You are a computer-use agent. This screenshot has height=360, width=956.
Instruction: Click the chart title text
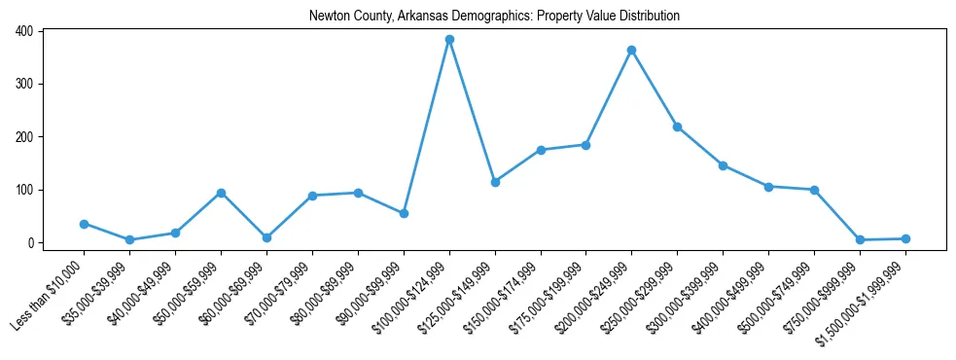point(494,17)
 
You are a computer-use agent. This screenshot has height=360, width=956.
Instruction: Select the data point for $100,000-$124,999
point(449,40)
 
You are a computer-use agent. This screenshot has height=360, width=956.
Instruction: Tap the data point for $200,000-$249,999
point(632,50)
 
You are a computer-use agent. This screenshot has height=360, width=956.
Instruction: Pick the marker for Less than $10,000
point(84,224)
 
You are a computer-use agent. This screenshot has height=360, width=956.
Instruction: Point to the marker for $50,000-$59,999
point(221,193)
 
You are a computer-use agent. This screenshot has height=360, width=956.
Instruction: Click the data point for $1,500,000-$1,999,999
point(905,238)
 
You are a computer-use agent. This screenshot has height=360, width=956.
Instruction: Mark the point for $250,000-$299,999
point(677,126)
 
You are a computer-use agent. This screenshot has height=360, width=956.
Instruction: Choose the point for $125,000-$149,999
point(495,182)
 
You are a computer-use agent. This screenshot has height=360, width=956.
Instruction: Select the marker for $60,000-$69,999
point(266,237)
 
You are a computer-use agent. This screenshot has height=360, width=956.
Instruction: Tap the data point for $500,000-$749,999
point(814,190)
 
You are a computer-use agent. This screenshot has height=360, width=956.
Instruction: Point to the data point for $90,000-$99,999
point(404,213)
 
